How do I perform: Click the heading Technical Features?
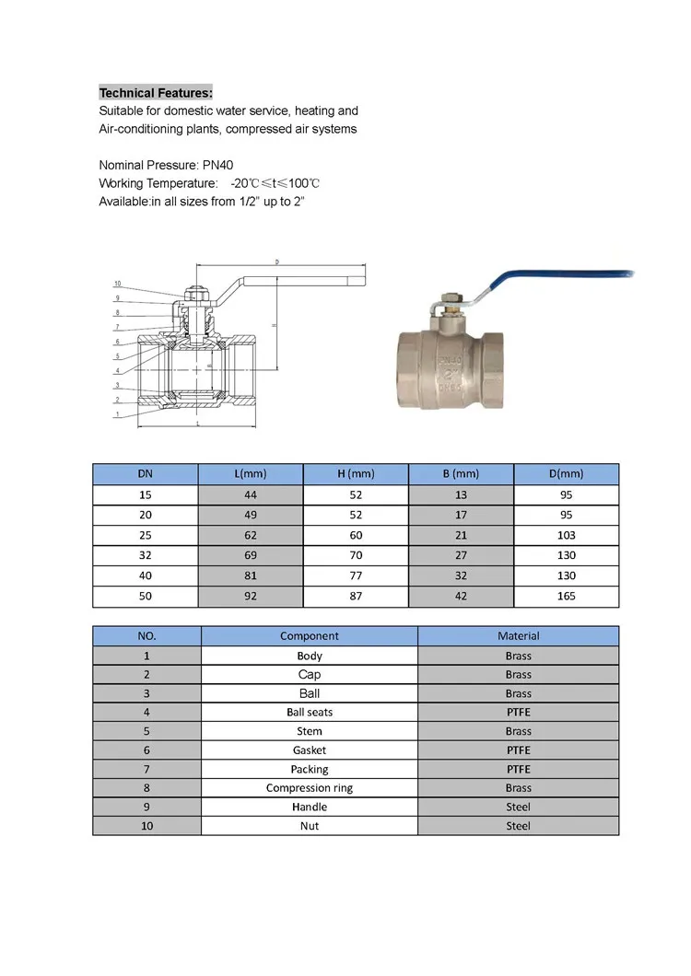point(156,93)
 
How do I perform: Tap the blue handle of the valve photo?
point(553,281)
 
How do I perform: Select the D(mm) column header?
point(566,474)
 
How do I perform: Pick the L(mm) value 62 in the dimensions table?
point(250,535)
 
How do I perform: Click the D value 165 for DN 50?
point(566,596)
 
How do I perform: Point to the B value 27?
point(461,555)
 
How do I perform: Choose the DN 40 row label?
point(146,575)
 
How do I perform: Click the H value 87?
point(356,596)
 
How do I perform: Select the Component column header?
point(310,636)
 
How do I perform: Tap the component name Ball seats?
point(310,713)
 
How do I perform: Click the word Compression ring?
point(310,788)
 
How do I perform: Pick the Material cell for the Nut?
point(518,826)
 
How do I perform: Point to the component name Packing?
point(310,769)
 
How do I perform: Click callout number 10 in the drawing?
point(117,284)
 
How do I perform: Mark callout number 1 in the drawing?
point(117,414)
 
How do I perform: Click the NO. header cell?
point(146,636)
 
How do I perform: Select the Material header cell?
point(518,636)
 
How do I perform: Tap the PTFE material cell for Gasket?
point(518,750)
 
